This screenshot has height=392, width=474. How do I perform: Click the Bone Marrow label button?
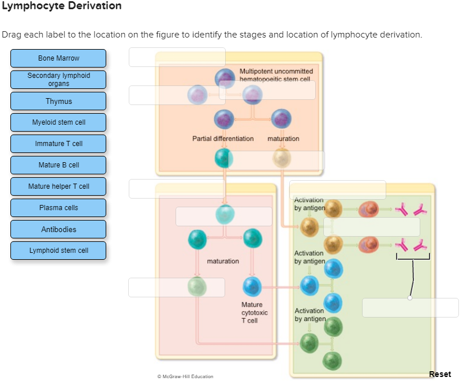(58, 58)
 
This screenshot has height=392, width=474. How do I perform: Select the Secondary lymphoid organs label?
(58, 80)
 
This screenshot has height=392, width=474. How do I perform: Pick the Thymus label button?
(58, 101)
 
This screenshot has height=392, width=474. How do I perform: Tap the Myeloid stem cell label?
(58, 122)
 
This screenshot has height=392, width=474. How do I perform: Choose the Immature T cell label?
(58, 144)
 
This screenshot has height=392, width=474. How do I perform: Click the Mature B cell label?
(58, 165)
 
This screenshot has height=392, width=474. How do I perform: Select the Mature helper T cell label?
(58, 186)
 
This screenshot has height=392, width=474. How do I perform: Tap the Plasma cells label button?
(58, 208)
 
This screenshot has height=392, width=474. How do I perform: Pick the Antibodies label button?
(58, 229)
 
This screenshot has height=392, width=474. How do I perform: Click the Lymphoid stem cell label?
(58, 251)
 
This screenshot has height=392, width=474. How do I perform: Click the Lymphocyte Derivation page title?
(61, 6)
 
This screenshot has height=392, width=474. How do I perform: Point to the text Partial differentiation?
(223, 139)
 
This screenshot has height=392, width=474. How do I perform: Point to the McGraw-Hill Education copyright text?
(185, 376)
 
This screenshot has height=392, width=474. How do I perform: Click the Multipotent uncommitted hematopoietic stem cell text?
(276, 74)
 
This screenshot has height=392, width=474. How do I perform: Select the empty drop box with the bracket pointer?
(410, 308)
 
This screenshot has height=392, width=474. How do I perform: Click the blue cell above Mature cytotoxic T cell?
(252, 286)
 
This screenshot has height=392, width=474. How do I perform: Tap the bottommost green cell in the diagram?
(333, 361)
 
